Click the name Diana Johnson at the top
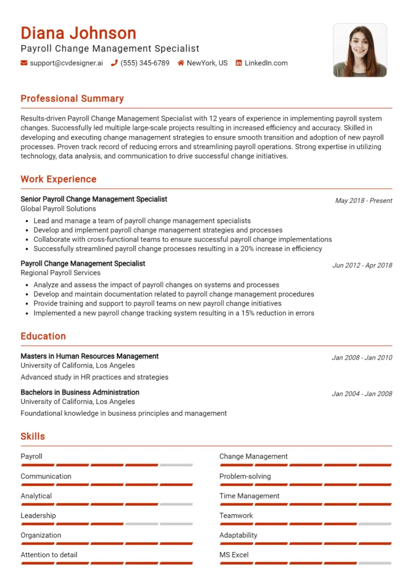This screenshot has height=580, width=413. click(x=78, y=33)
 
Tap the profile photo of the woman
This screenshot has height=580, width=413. click(x=359, y=50)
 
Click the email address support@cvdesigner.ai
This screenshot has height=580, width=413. click(x=66, y=63)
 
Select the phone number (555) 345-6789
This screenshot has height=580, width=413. click(x=145, y=63)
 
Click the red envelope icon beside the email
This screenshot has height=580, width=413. click(x=24, y=63)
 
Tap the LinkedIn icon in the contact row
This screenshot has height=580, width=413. click(x=239, y=63)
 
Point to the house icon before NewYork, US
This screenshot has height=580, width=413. click(x=181, y=63)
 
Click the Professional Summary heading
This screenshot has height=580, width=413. click(x=72, y=99)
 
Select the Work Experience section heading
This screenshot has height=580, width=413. click(x=58, y=179)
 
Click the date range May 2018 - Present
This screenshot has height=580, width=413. click(x=363, y=201)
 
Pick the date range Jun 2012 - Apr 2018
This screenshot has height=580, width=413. click(x=362, y=265)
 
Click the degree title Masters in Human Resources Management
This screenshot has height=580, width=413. click(x=89, y=356)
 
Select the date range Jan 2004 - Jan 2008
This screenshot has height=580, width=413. click(x=362, y=394)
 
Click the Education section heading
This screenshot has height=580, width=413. click(x=43, y=336)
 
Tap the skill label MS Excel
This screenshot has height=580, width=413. click(x=234, y=555)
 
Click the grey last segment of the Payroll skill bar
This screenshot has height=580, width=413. click(x=176, y=465)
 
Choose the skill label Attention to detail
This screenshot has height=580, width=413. click(x=49, y=555)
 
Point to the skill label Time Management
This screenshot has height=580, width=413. click(x=249, y=496)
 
